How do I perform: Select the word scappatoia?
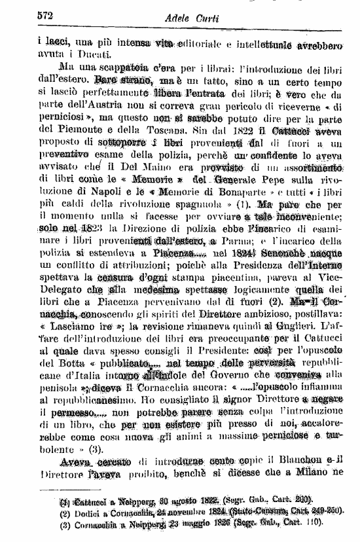[x=113, y=67]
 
